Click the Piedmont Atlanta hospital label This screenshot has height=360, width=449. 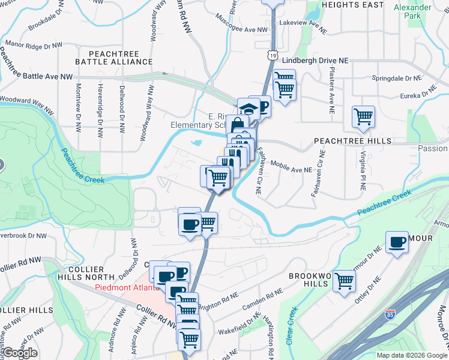127,287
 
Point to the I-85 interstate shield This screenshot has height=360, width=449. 390,314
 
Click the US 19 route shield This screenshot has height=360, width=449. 273,55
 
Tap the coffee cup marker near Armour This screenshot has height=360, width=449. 397,242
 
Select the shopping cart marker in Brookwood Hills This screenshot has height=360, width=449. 345,280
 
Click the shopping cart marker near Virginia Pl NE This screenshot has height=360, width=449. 363,116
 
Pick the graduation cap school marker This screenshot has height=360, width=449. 247,109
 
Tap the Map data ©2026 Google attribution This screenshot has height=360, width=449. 412,355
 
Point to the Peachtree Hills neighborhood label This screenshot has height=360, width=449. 353,140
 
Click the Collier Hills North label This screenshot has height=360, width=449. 86,272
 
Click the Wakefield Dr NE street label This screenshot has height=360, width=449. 239,331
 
